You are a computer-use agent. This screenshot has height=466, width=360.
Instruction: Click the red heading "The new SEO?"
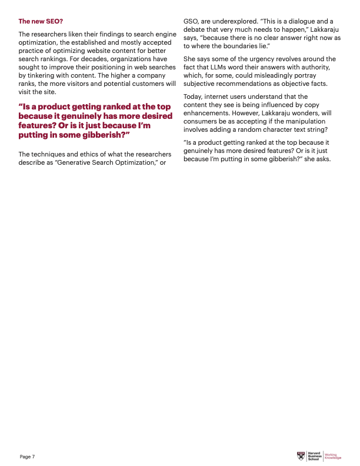(x=40, y=21)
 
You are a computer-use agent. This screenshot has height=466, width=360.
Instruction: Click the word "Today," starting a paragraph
(x=194, y=96)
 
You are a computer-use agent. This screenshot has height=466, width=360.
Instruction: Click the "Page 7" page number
(x=27, y=457)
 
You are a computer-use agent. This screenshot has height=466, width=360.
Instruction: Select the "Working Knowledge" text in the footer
(x=333, y=456)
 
